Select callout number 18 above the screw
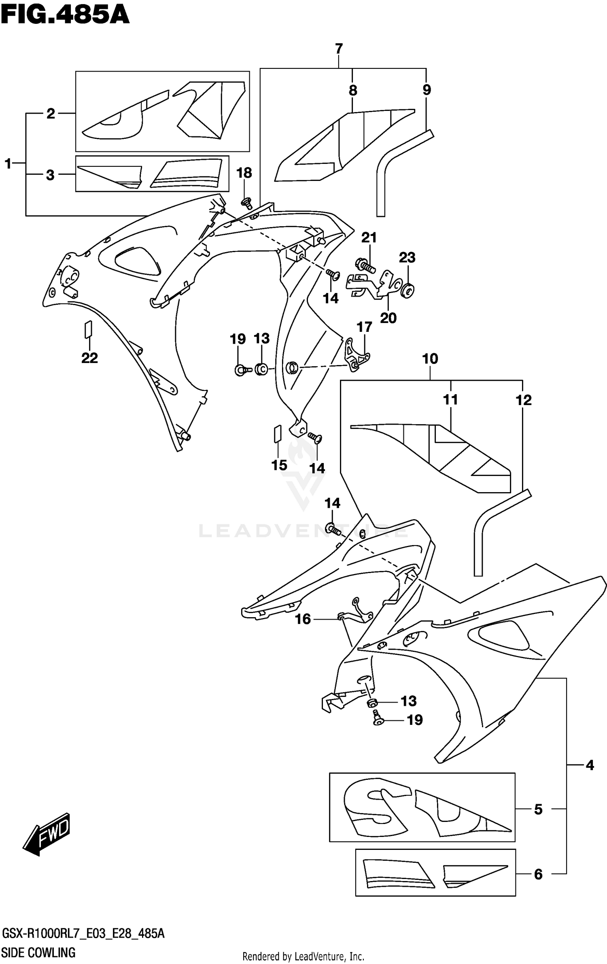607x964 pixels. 244,173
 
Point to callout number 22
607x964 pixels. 89,358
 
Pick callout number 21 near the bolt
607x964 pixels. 369,238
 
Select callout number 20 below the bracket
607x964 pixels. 388,318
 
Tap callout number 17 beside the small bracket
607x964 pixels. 364,327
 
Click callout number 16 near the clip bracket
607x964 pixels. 303,619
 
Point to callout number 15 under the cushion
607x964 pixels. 279,465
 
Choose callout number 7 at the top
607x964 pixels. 339,49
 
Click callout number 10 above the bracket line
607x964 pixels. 430,359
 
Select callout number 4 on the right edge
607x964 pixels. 590,765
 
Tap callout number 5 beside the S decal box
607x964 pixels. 538,809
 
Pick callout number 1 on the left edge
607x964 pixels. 8,164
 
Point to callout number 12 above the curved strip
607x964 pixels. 523,400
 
